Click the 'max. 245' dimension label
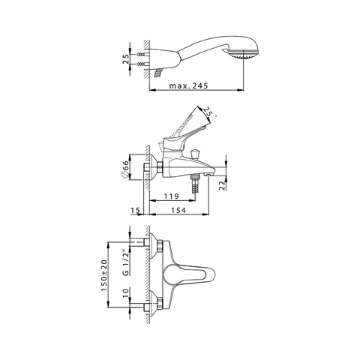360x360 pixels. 188,86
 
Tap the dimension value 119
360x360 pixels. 172,196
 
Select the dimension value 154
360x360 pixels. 178,211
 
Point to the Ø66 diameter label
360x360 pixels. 125,169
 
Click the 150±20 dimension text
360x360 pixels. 104,275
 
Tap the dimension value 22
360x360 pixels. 223,185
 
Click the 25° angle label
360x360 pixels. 208,112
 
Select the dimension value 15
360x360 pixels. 135,211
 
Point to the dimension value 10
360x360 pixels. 126,292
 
